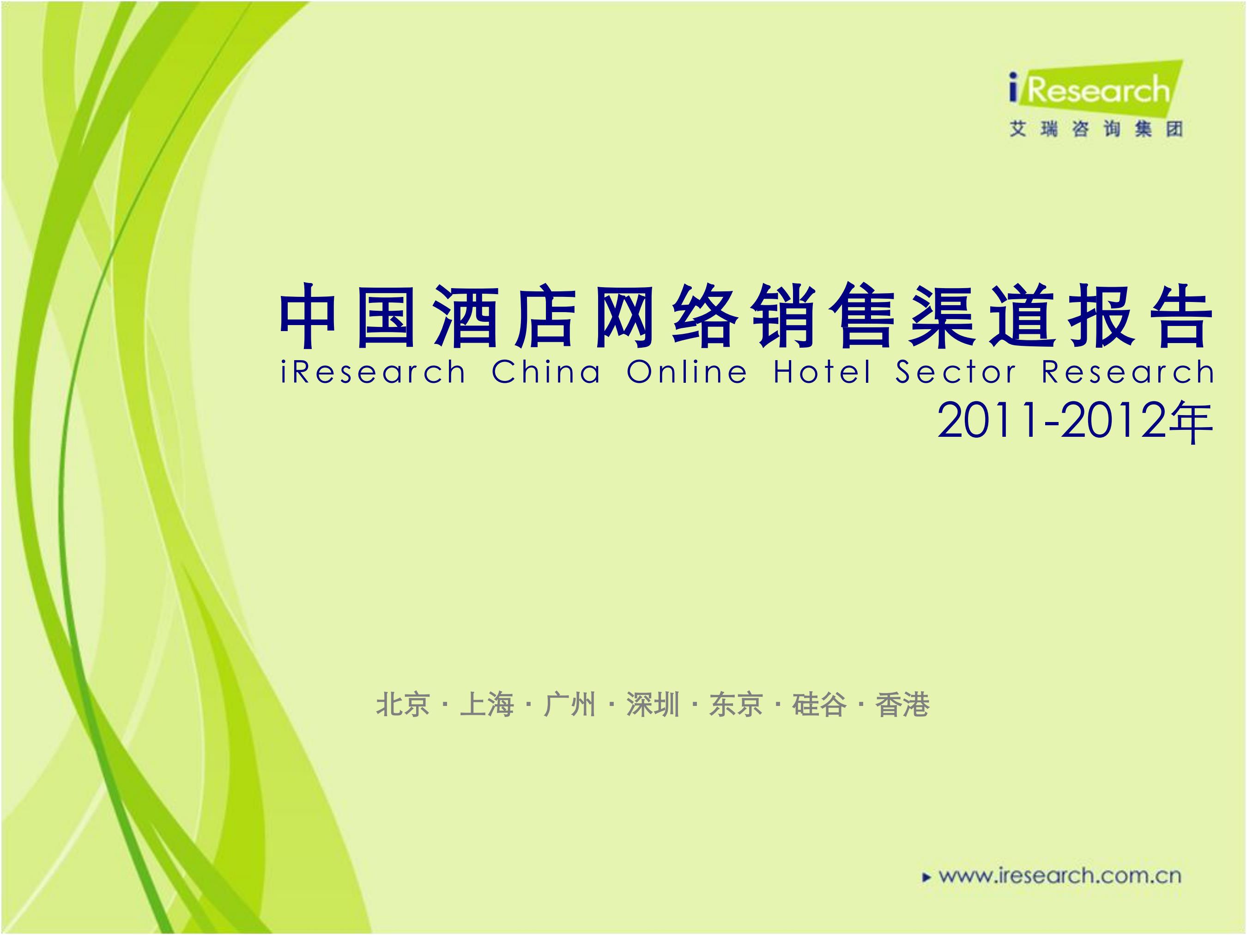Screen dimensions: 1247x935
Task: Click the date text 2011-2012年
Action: (1074, 422)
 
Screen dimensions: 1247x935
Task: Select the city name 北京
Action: (403, 705)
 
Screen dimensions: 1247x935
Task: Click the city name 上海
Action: (486, 705)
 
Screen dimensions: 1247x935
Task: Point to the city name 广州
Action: (569, 705)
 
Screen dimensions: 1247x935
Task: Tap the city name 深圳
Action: (653, 705)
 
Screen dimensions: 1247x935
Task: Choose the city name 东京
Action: (736, 705)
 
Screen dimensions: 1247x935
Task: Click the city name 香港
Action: (902, 705)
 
